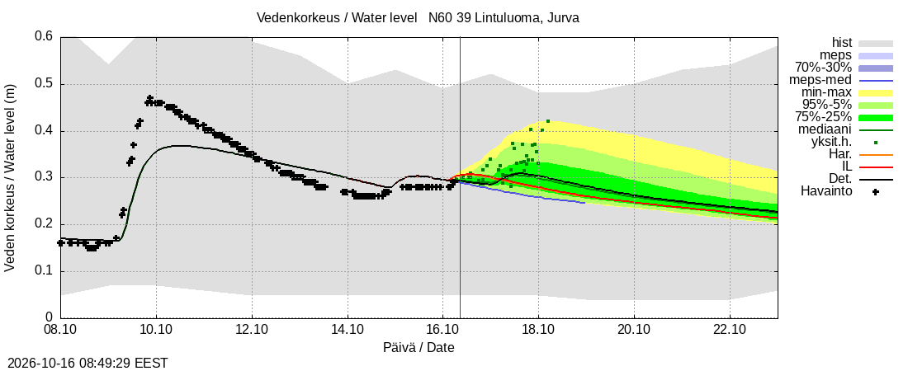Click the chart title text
[419, 18]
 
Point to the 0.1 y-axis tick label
[45, 271]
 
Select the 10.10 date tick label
[156, 331]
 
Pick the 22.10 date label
[730, 331]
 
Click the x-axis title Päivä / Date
[419, 348]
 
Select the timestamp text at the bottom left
[85, 364]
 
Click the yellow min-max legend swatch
[876, 92]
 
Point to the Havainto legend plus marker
[876, 192]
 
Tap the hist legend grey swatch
[876, 44]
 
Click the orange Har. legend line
[876, 154]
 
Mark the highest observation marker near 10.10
[150, 98]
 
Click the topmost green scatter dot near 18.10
[548, 121]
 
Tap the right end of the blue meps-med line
[585, 203]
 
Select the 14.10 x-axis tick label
[348, 331]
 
